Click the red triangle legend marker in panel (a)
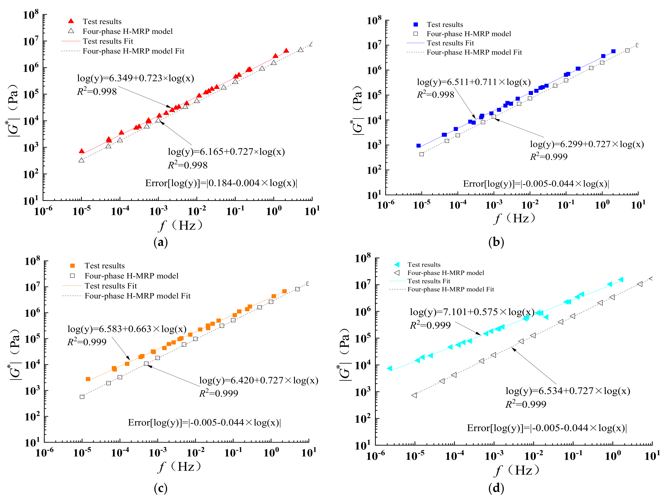pos(71,21)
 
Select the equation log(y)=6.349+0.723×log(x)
pos(135,78)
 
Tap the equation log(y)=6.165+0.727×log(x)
pos(226,152)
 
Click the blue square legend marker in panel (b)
pos(416,24)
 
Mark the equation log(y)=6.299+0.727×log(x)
pos(587,144)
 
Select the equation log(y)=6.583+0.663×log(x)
pos(127,329)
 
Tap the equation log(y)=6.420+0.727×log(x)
pos(259,380)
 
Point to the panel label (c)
pos(160,488)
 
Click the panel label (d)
pos(496,488)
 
